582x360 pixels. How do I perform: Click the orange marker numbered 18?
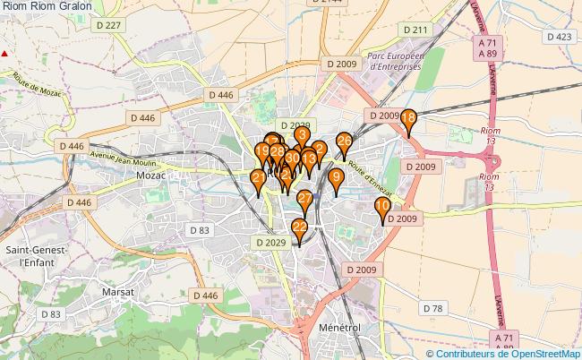(408, 120)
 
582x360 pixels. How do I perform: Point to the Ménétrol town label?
(338, 329)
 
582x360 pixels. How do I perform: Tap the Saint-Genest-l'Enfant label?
(34, 255)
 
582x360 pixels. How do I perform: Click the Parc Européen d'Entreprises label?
(388, 59)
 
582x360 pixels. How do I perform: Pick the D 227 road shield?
(108, 26)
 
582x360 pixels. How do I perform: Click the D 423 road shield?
(558, 37)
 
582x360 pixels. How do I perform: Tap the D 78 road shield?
(432, 309)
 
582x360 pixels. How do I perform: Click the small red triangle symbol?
(5, 54)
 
